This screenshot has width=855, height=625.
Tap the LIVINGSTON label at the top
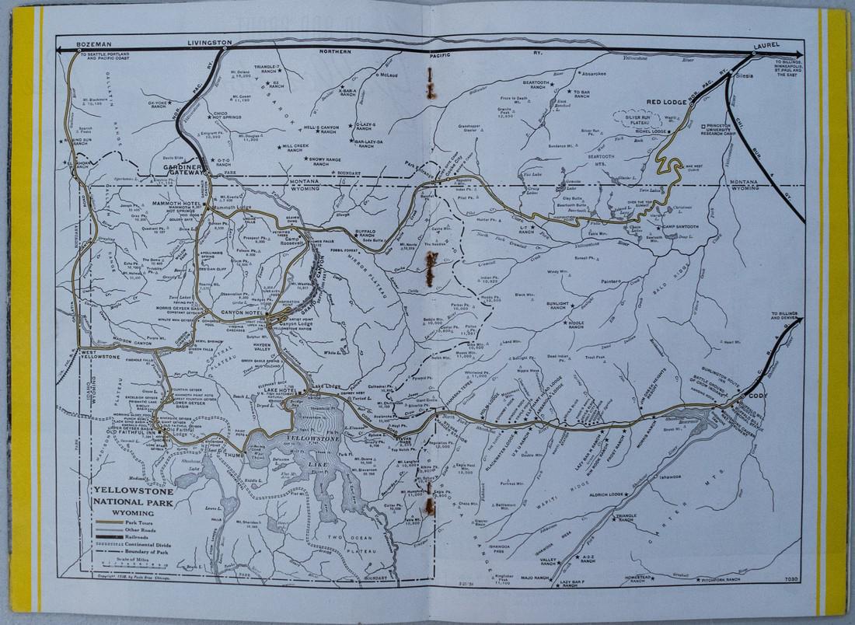(209, 41)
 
